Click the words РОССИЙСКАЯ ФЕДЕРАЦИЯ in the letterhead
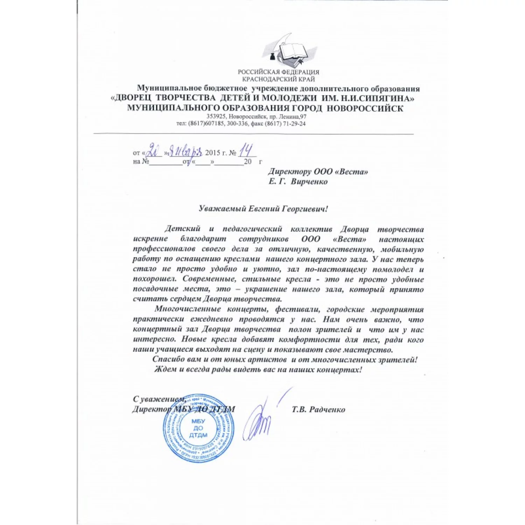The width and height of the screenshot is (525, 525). tap(279, 72)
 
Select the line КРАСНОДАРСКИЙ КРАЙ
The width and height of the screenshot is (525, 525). tap(279, 79)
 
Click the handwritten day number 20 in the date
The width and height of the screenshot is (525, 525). tap(153, 151)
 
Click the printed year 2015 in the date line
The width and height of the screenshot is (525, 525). tap(212, 153)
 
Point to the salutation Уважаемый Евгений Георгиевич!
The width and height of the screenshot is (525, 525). tap(263, 209)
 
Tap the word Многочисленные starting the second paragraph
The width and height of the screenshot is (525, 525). tap(188, 309)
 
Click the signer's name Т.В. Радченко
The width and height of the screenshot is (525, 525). tap(318, 409)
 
